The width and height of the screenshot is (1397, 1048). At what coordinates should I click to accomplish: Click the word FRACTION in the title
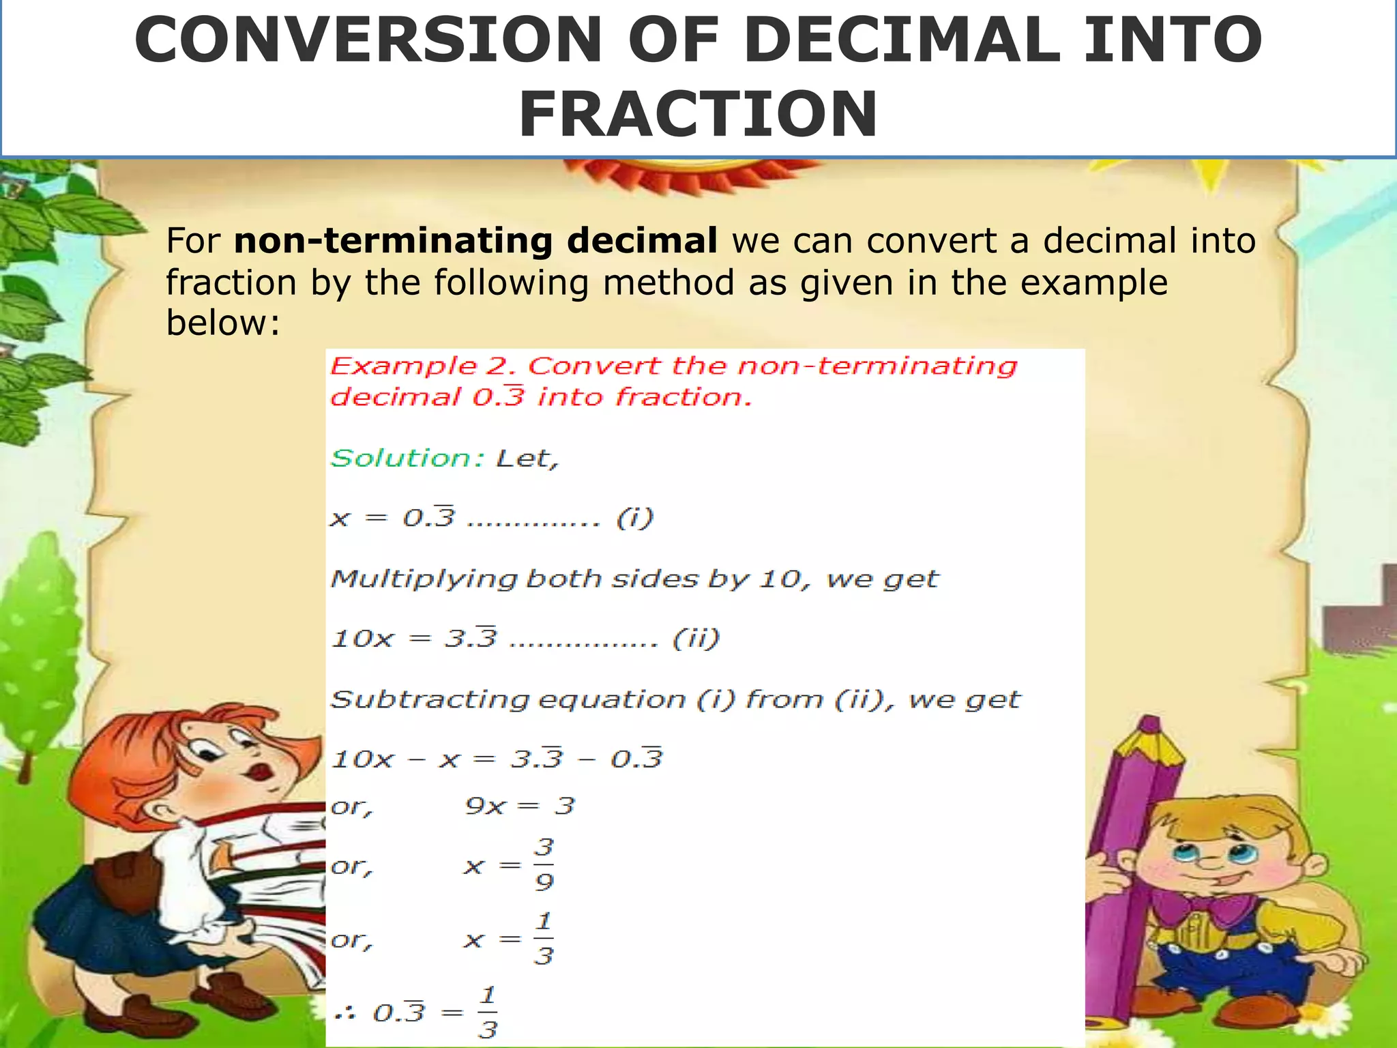pos(698,114)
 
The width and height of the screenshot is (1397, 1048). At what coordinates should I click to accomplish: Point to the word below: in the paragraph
pos(223,322)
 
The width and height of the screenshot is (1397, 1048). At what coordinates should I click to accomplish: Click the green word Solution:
pos(407,458)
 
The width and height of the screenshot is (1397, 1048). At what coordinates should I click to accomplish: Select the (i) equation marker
pos(634,519)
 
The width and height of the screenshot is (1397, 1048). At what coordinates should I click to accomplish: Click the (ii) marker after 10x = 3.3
pos(696,639)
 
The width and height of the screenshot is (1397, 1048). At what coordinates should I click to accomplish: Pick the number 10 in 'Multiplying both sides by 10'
pos(780,579)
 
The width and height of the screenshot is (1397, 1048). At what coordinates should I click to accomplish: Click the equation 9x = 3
pos(520,806)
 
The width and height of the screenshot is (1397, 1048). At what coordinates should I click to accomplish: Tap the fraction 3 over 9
pos(544,865)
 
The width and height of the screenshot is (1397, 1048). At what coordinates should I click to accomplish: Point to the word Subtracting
pos(430,700)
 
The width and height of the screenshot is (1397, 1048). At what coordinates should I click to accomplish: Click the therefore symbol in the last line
pos(344,1013)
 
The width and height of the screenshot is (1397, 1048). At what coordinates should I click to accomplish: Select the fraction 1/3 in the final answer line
pos(487,1013)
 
